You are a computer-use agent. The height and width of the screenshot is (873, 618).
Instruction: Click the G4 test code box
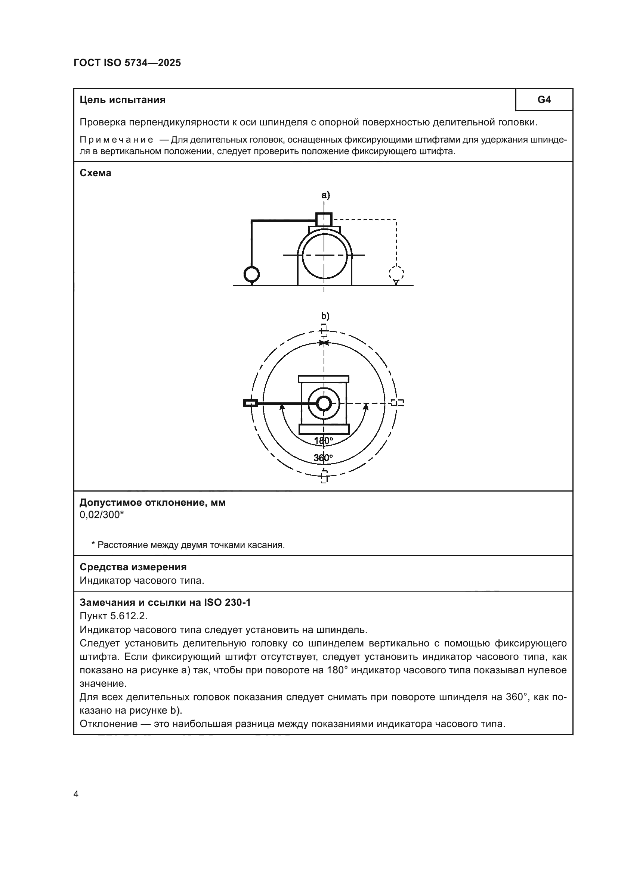(x=544, y=100)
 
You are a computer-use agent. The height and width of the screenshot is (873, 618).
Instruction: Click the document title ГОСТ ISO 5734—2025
(x=127, y=63)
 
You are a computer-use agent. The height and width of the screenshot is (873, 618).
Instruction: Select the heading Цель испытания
(x=123, y=100)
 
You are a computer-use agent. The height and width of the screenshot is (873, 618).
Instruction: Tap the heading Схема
(x=96, y=173)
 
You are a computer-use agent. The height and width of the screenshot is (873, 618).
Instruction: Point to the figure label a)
(x=325, y=195)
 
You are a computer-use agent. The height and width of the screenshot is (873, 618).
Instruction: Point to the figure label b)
(x=325, y=316)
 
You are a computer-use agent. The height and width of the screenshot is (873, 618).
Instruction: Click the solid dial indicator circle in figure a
(x=251, y=274)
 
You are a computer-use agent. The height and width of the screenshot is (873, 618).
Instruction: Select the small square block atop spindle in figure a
(x=324, y=219)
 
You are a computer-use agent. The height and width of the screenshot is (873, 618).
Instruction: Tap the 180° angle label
(x=324, y=441)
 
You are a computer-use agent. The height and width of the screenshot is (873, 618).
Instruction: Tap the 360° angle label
(x=323, y=458)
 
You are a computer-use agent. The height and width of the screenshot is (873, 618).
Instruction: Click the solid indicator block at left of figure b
(x=250, y=403)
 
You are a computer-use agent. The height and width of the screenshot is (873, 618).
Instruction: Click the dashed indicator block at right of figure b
(x=398, y=403)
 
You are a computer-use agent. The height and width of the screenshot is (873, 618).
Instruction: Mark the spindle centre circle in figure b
(x=324, y=403)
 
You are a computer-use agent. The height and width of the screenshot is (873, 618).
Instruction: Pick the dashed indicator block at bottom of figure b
(x=324, y=476)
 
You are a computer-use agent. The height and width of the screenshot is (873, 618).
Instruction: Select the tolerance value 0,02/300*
(x=102, y=515)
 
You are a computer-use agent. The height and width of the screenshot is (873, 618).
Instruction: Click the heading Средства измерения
(x=133, y=567)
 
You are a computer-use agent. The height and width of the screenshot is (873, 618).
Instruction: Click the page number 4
(x=76, y=794)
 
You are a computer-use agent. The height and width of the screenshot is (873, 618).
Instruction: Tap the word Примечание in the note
(x=117, y=140)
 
